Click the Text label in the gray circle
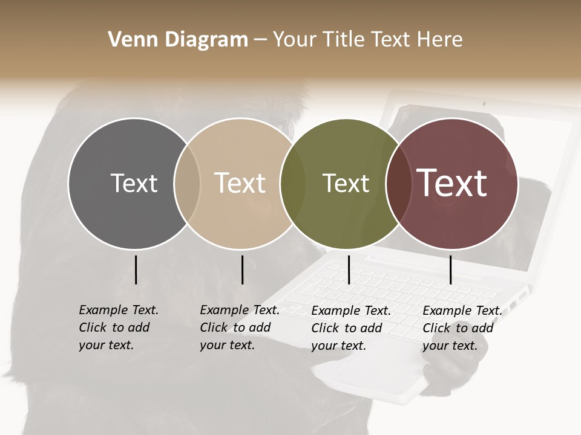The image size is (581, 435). click(134, 183)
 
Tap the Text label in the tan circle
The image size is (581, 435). click(240, 183)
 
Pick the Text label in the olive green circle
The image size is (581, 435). click(346, 183)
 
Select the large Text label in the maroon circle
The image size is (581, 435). click(452, 183)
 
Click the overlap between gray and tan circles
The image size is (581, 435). click(187, 183)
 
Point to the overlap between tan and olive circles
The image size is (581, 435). click(293, 183)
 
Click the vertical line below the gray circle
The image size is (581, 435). click(136, 269)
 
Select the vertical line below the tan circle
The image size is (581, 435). click(242, 269)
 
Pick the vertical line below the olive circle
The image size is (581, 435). click(349, 269)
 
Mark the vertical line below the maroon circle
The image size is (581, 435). click(450, 269)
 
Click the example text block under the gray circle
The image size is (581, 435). click(118, 327)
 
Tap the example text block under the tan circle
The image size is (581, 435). click(239, 327)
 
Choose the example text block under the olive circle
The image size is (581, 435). click(350, 328)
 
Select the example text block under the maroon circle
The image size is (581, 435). click(462, 328)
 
